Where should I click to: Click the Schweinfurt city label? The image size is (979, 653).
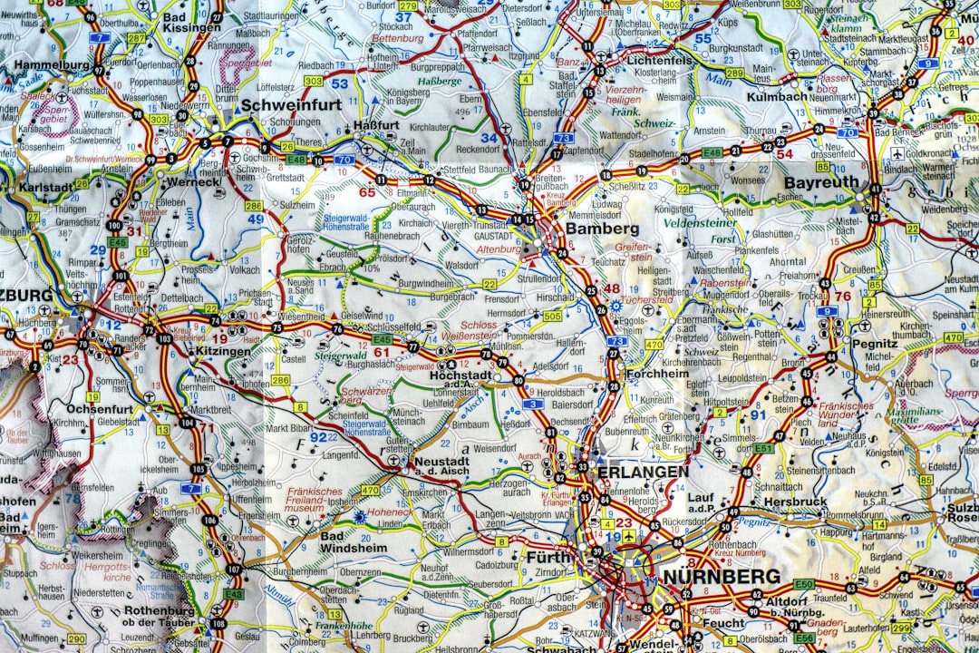tap(291, 105)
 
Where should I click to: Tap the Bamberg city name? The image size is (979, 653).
tap(602, 229)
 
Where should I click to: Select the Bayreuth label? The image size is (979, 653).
tap(820, 182)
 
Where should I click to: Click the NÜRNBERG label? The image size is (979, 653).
tap(722, 577)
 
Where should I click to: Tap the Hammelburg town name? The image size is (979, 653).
tap(52, 65)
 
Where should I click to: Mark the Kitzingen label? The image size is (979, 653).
tap(223, 351)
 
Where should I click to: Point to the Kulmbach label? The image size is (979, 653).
tap(777, 96)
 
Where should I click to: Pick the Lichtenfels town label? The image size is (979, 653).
tap(660, 60)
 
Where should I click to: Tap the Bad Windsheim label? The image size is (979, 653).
tap(353, 542)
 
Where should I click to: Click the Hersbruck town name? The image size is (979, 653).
tap(795, 501)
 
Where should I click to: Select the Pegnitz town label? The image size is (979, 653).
tap(874, 345)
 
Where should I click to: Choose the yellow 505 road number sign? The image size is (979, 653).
tap(551, 316)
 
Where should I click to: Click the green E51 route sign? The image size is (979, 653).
tap(763, 448)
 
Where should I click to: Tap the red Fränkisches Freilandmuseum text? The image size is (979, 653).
tap(308, 501)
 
